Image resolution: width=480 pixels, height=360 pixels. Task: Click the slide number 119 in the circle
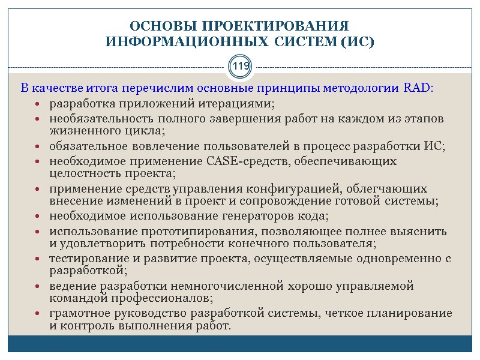tap(240, 66)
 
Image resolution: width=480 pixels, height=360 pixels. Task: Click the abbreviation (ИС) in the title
tap(357, 43)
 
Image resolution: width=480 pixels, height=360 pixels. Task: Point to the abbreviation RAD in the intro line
tap(417, 89)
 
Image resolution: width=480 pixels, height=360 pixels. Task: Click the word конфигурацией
tap(305, 188)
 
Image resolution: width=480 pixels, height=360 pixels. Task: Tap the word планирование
tap(414, 313)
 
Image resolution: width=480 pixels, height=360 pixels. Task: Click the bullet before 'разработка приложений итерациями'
tap(38, 104)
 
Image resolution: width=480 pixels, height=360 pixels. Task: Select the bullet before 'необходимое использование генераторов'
tap(38, 217)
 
